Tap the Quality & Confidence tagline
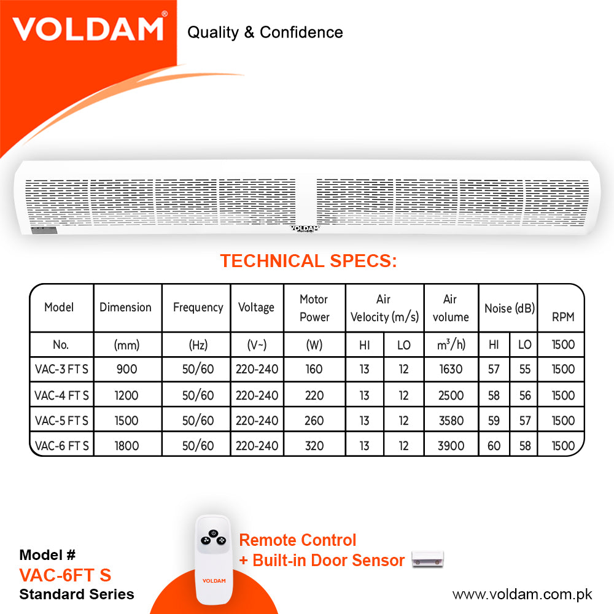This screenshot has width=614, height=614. (265, 33)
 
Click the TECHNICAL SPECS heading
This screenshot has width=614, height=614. (309, 261)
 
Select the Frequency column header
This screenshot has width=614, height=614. (198, 308)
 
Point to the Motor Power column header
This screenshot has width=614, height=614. (314, 308)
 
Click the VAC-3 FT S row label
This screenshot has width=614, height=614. (61, 369)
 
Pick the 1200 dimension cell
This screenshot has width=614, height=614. (126, 395)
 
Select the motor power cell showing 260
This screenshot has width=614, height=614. (314, 421)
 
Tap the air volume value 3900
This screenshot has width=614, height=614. (451, 446)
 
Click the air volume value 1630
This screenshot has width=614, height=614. (451, 369)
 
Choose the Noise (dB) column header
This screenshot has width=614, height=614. (510, 309)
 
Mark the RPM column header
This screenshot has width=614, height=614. (563, 317)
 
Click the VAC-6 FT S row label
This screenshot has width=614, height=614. (62, 446)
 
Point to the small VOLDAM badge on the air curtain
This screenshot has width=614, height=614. (305, 228)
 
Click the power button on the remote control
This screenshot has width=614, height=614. (214, 534)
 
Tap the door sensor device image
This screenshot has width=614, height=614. (427, 559)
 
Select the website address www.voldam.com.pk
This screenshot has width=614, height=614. (523, 594)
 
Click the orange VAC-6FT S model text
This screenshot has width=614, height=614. (66, 575)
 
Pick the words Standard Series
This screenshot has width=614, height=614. (77, 594)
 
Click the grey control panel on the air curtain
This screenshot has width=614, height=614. (44, 230)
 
